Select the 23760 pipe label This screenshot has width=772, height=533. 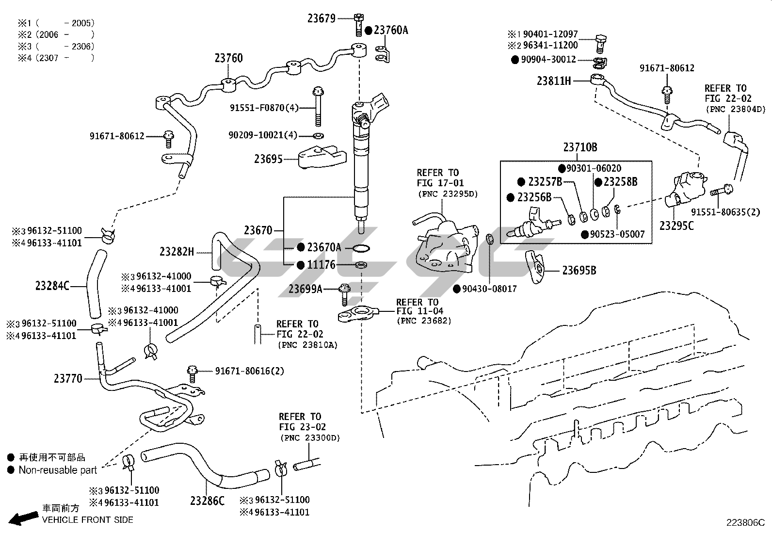tap(228, 58)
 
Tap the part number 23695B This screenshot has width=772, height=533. tap(579, 271)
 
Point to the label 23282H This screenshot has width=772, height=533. tap(177, 252)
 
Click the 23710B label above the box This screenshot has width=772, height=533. tap(580, 147)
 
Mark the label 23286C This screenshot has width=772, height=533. tap(207, 501)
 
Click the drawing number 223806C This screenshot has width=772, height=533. tap(745, 522)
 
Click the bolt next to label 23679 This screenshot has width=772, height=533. tap(358, 24)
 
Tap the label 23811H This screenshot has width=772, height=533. tap(554, 81)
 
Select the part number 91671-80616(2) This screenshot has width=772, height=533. tap(249, 371)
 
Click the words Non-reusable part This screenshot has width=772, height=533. tap(58, 470)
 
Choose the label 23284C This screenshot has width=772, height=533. tap(52, 286)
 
